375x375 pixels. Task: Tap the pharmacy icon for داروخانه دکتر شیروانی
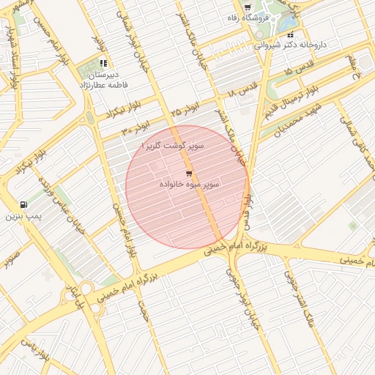290,34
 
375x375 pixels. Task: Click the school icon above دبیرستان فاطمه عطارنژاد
103,64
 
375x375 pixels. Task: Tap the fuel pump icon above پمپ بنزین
24,205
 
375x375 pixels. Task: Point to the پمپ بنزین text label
21,217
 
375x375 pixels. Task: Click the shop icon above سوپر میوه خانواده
189,174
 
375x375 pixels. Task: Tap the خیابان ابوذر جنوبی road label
251,308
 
